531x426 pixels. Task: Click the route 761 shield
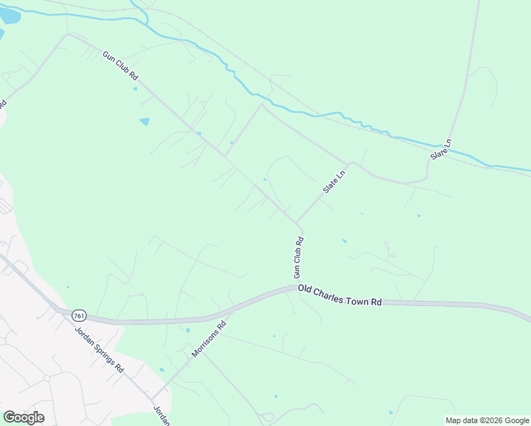(x=79, y=315)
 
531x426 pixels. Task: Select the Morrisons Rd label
(x=208, y=339)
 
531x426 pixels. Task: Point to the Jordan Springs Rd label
(x=100, y=350)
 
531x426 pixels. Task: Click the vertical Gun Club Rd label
(x=299, y=256)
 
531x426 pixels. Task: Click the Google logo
(x=23, y=417)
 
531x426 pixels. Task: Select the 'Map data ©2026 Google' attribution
(x=488, y=420)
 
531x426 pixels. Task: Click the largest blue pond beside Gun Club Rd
(x=145, y=121)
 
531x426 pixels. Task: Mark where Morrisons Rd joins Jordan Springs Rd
(x=151, y=399)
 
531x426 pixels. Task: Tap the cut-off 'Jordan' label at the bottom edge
(x=163, y=417)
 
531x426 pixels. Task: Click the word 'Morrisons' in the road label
(x=204, y=343)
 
